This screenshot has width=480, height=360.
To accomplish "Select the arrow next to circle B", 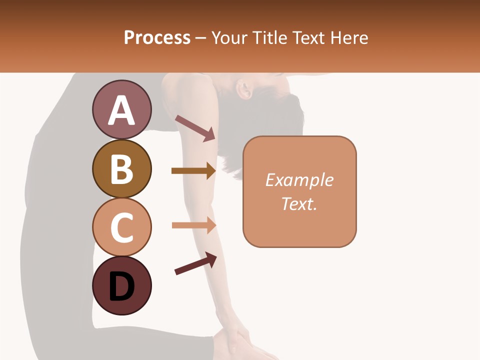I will click(193, 171).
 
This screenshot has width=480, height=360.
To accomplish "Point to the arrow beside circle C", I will click(193, 225).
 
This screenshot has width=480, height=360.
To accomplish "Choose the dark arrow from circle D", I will click(195, 263).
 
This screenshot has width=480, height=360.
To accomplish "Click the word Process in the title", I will click(157, 37).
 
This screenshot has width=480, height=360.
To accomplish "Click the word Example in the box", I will click(299, 180).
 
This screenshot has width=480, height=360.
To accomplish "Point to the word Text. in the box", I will click(299, 203).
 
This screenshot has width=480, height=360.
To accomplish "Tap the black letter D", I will click(121, 287).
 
